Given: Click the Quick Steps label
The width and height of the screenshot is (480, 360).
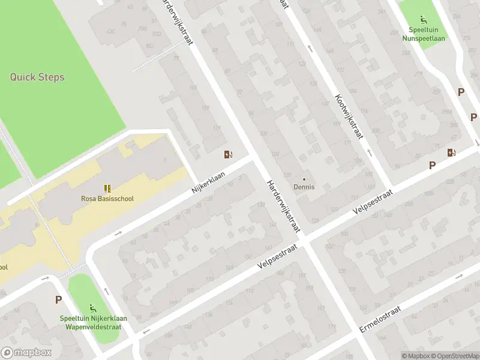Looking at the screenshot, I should click(37, 77).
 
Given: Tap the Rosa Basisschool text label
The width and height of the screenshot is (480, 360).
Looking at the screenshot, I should click(107, 199).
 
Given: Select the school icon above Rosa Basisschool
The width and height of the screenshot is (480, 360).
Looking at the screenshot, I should click(107, 188).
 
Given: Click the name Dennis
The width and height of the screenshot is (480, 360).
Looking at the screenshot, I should click(304, 187).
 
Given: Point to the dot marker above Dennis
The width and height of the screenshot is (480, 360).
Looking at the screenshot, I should click(304, 179).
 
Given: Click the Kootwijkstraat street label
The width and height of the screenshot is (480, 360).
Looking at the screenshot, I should click(349, 116).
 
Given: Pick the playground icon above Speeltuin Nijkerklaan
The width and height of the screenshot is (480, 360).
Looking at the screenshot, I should click(92, 307).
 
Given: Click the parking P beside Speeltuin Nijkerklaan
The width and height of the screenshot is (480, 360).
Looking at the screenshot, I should click(59, 300).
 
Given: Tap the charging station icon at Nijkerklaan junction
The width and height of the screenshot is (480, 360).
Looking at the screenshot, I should click(228, 154).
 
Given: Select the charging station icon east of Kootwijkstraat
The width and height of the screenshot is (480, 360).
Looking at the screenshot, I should click(451, 152).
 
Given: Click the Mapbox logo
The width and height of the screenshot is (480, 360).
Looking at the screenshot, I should click(26, 352).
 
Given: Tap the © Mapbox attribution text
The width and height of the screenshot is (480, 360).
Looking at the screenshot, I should click(416, 356).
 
